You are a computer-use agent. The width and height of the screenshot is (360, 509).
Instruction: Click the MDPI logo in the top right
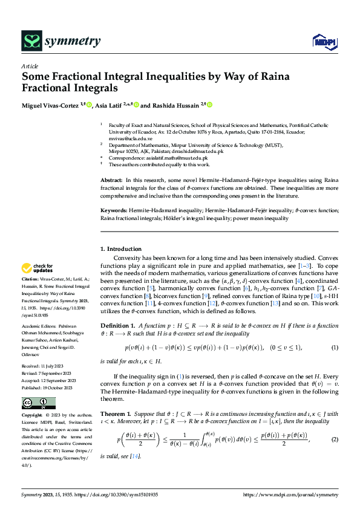point(323,41)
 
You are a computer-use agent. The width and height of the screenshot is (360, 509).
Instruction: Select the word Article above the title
point(30,66)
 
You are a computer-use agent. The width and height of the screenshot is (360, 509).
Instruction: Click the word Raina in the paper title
point(257,77)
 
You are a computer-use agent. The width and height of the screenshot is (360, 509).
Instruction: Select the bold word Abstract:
point(111,181)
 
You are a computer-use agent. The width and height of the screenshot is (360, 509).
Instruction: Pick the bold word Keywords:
point(114,210)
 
